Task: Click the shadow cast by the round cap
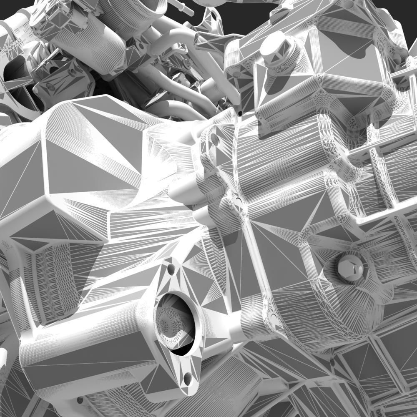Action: coord(273,83)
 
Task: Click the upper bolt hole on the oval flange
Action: coord(171,269)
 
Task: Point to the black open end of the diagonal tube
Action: coord(241,113)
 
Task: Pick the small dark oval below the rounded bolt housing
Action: coord(274,319)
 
